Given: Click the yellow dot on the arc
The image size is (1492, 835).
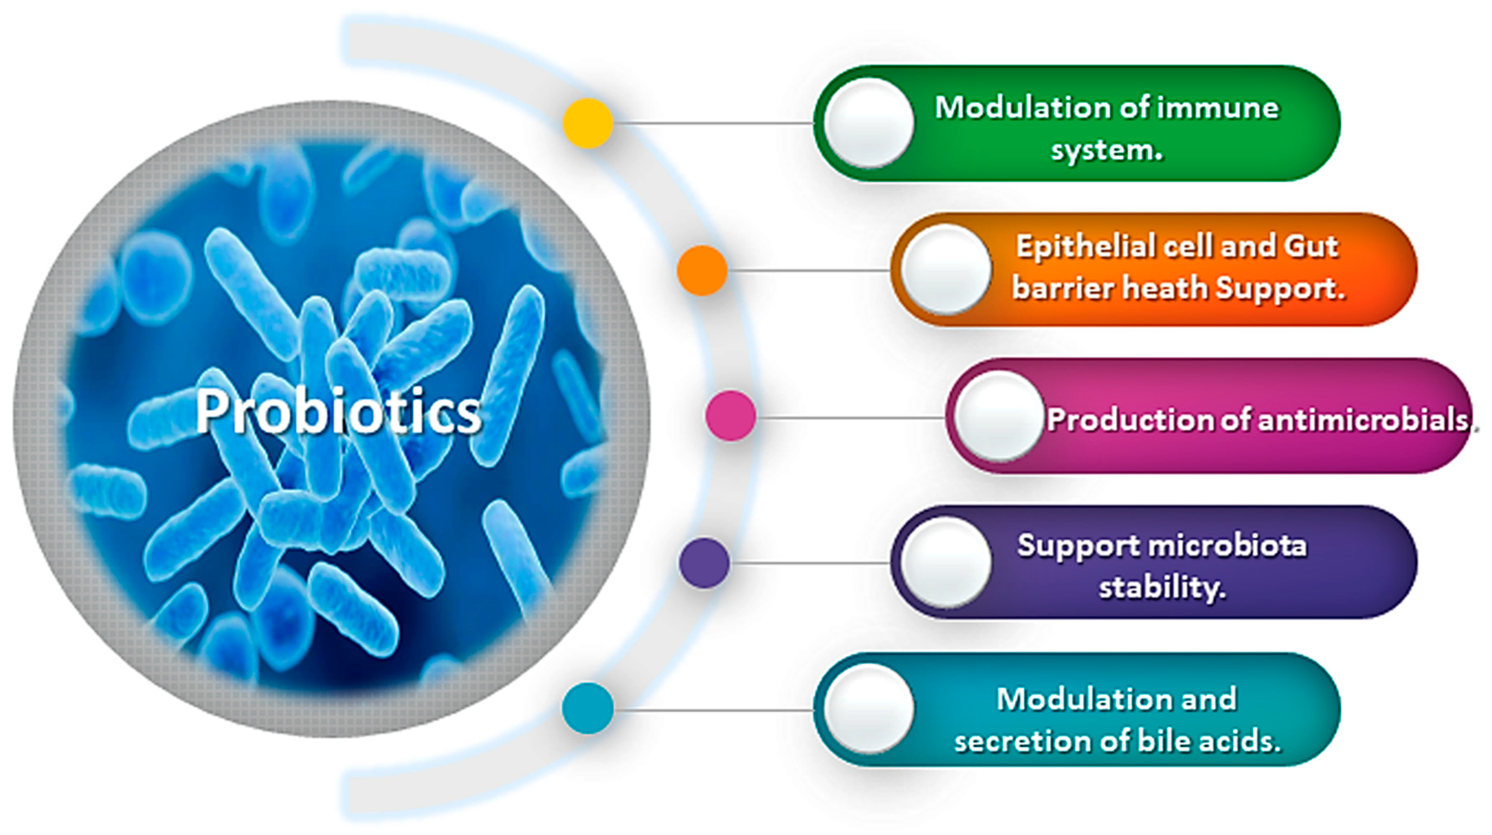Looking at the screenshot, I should (588, 123).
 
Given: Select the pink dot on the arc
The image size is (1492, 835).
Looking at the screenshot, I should (731, 415).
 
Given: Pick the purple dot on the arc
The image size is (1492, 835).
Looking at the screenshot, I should (704, 563).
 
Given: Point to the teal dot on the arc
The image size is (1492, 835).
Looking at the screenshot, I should (587, 708).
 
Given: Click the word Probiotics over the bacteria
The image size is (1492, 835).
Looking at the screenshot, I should (338, 411).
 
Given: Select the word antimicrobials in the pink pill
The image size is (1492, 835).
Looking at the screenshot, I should (1364, 419).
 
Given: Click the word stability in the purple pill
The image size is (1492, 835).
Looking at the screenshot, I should (1161, 588).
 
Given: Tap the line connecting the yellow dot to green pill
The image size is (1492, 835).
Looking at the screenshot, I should (713, 123).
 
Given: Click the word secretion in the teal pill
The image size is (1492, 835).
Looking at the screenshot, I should (1022, 741).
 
